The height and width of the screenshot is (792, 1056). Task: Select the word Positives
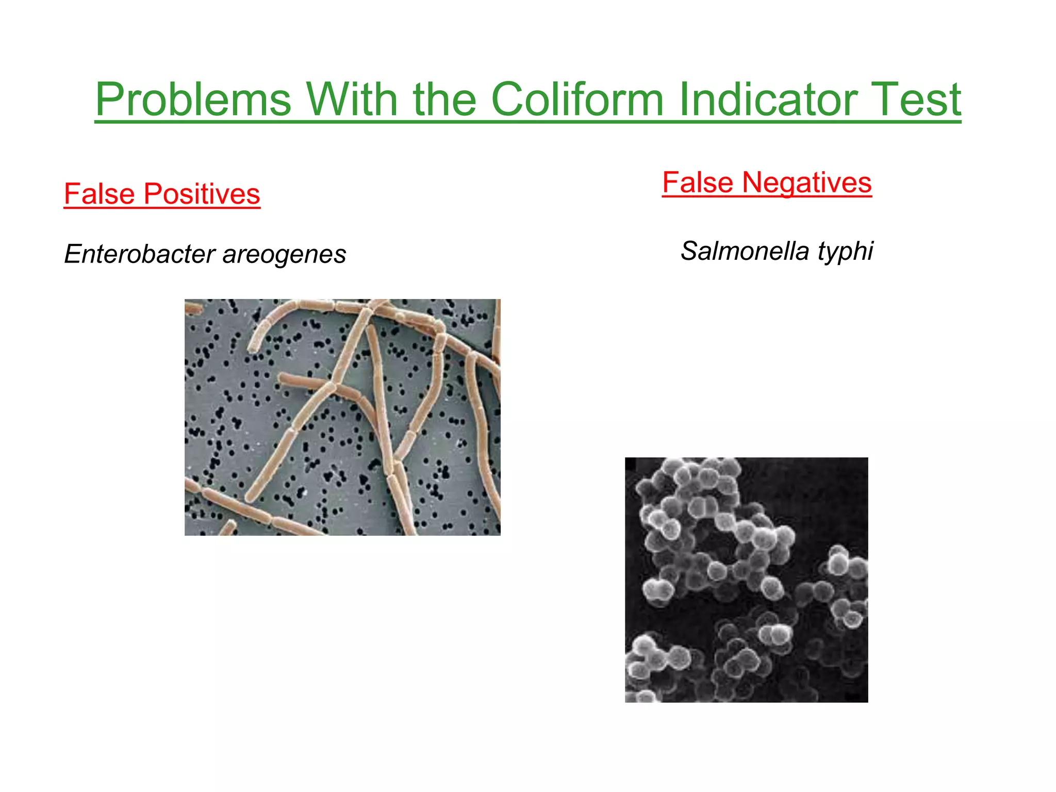202,194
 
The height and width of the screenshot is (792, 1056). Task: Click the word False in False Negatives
698,183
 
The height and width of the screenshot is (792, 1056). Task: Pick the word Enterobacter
140,254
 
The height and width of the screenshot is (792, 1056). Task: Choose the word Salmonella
745,251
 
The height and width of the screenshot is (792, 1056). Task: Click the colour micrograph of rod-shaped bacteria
342,417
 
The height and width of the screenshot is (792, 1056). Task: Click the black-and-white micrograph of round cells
746,580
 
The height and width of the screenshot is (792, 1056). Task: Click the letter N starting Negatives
752,183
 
